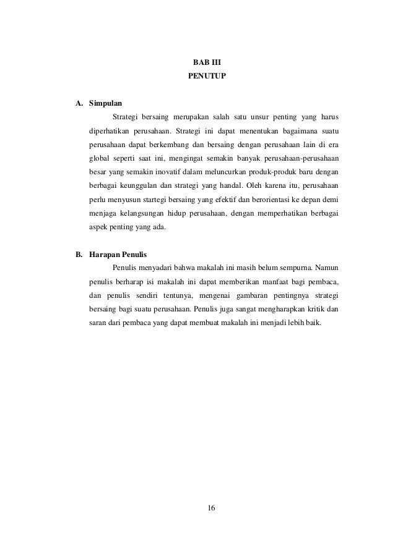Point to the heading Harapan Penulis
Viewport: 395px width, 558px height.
[118, 254]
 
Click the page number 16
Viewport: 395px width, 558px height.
[211, 507]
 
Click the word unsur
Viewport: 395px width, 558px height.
[257, 117]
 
